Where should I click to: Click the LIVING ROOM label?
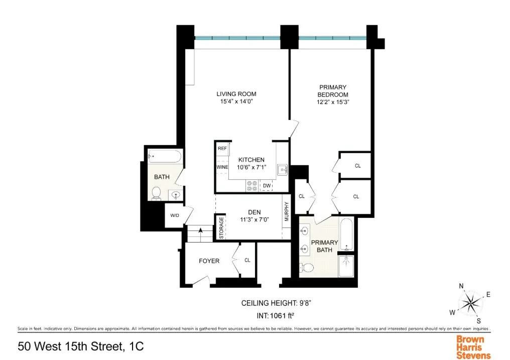236,94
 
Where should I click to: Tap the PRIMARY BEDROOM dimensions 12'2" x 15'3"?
333,102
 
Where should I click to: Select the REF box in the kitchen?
222,149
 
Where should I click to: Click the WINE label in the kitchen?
222,167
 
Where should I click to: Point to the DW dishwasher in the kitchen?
267,186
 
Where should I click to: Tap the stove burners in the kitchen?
251,186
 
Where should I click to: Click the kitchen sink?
282,169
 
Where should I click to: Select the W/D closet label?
174,216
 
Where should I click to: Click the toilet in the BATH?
156,193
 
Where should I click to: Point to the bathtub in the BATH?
164,157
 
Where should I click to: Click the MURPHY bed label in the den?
287,212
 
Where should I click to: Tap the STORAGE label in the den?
221,227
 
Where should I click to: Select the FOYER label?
209,261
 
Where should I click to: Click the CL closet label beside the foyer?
247,261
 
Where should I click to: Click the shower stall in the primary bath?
346,266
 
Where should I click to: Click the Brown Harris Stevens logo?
473,347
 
